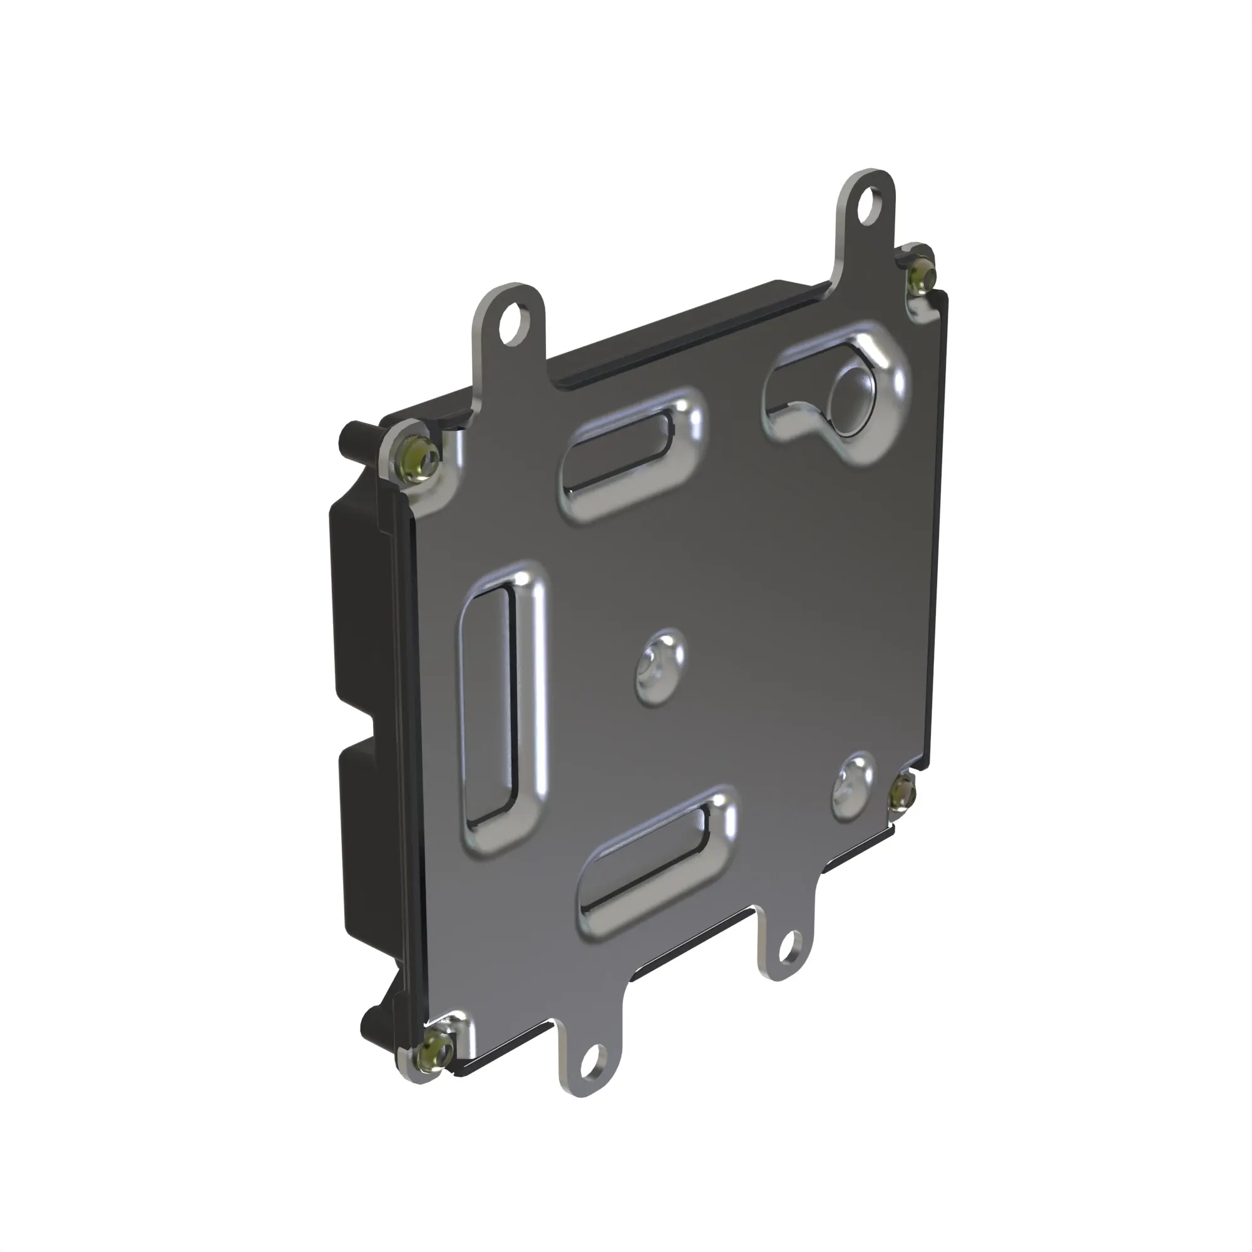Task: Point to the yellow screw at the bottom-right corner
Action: pyautogui.click(x=900, y=801)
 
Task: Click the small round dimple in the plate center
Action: pyautogui.click(x=659, y=666)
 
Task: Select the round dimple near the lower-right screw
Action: pyautogui.click(x=852, y=786)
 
